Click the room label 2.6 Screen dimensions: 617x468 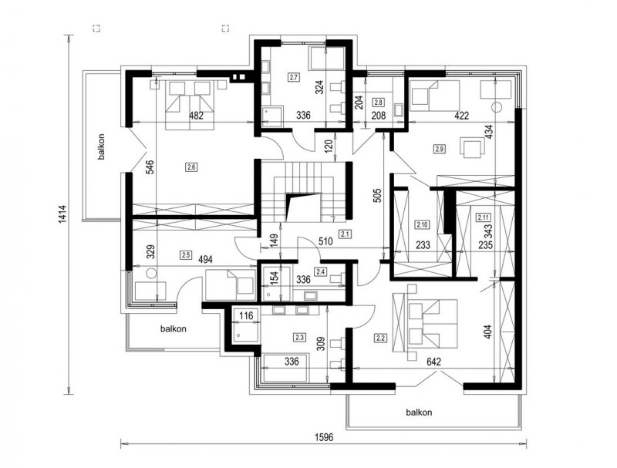191,167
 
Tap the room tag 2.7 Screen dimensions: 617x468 294,77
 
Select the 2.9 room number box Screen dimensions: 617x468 440,149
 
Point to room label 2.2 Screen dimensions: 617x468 380,338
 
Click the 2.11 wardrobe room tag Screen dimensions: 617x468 483,217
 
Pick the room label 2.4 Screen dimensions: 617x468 320,271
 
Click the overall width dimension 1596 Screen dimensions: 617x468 324,437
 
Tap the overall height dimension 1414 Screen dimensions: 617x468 63,215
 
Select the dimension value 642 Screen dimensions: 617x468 433,362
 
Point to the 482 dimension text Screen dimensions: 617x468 197,116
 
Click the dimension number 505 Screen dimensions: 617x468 377,196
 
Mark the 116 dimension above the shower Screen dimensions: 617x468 246,315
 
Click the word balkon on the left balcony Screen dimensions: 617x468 102,147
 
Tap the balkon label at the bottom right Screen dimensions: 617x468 419,412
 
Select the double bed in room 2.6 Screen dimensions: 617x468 190,105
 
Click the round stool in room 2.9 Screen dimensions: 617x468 497,107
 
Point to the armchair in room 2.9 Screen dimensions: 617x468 472,147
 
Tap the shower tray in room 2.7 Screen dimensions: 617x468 272,116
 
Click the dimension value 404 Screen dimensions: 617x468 487,332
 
